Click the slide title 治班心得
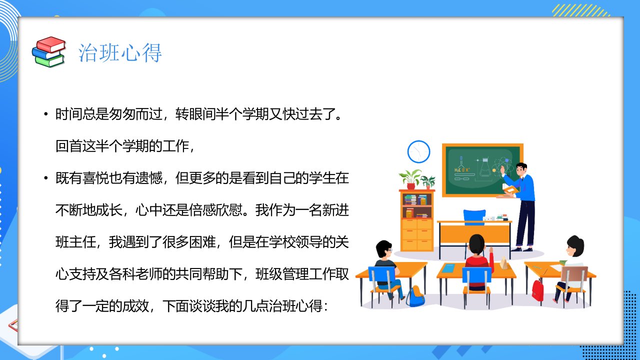pyautogui.click(x=120, y=53)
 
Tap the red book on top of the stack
pyautogui.click(x=51, y=44)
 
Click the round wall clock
pyautogui.click(x=418, y=151)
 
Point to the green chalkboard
pyautogui.click(x=482, y=170)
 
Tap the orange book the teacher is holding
pyautogui.click(x=510, y=189)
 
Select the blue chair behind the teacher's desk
pyautogui.click(x=474, y=217)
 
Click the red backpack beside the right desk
pyautogui.click(x=537, y=290)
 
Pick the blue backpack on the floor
pyautogui.click(x=415, y=296)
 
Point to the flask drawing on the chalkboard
pyautogui.click(x=485, y=168)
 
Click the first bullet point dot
pyautogui.click(x=45, y=114)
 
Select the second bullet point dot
pyautogui.click(x=45, y=178)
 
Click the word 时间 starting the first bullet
pyautogui.click(x=68, y=114)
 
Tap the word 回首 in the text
pyautogui.click(x=68, y=146)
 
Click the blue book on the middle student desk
pyautogui.click(x=448, y=268)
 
